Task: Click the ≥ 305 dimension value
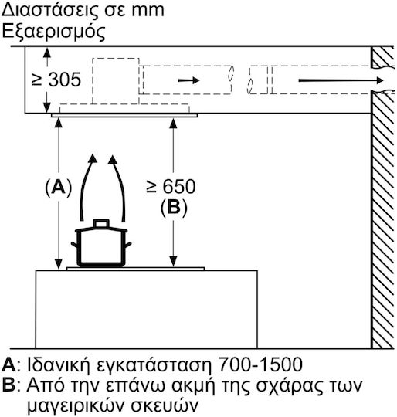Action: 56,80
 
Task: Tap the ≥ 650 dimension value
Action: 171,186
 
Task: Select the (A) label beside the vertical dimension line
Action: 59,188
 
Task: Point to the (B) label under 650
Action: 174,207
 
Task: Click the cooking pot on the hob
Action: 101,243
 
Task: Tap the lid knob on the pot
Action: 101,223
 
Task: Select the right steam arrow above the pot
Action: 119,188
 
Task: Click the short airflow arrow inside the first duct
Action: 188,80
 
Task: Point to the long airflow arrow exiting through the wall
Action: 341,80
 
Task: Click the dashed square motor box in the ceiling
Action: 116,81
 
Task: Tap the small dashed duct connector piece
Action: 258,80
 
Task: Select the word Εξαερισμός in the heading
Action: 54,32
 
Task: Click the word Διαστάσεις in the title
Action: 45,11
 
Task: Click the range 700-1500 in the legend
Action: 260,364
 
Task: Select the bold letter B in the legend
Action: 8,385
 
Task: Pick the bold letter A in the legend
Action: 8,364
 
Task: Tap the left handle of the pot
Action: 74,244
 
